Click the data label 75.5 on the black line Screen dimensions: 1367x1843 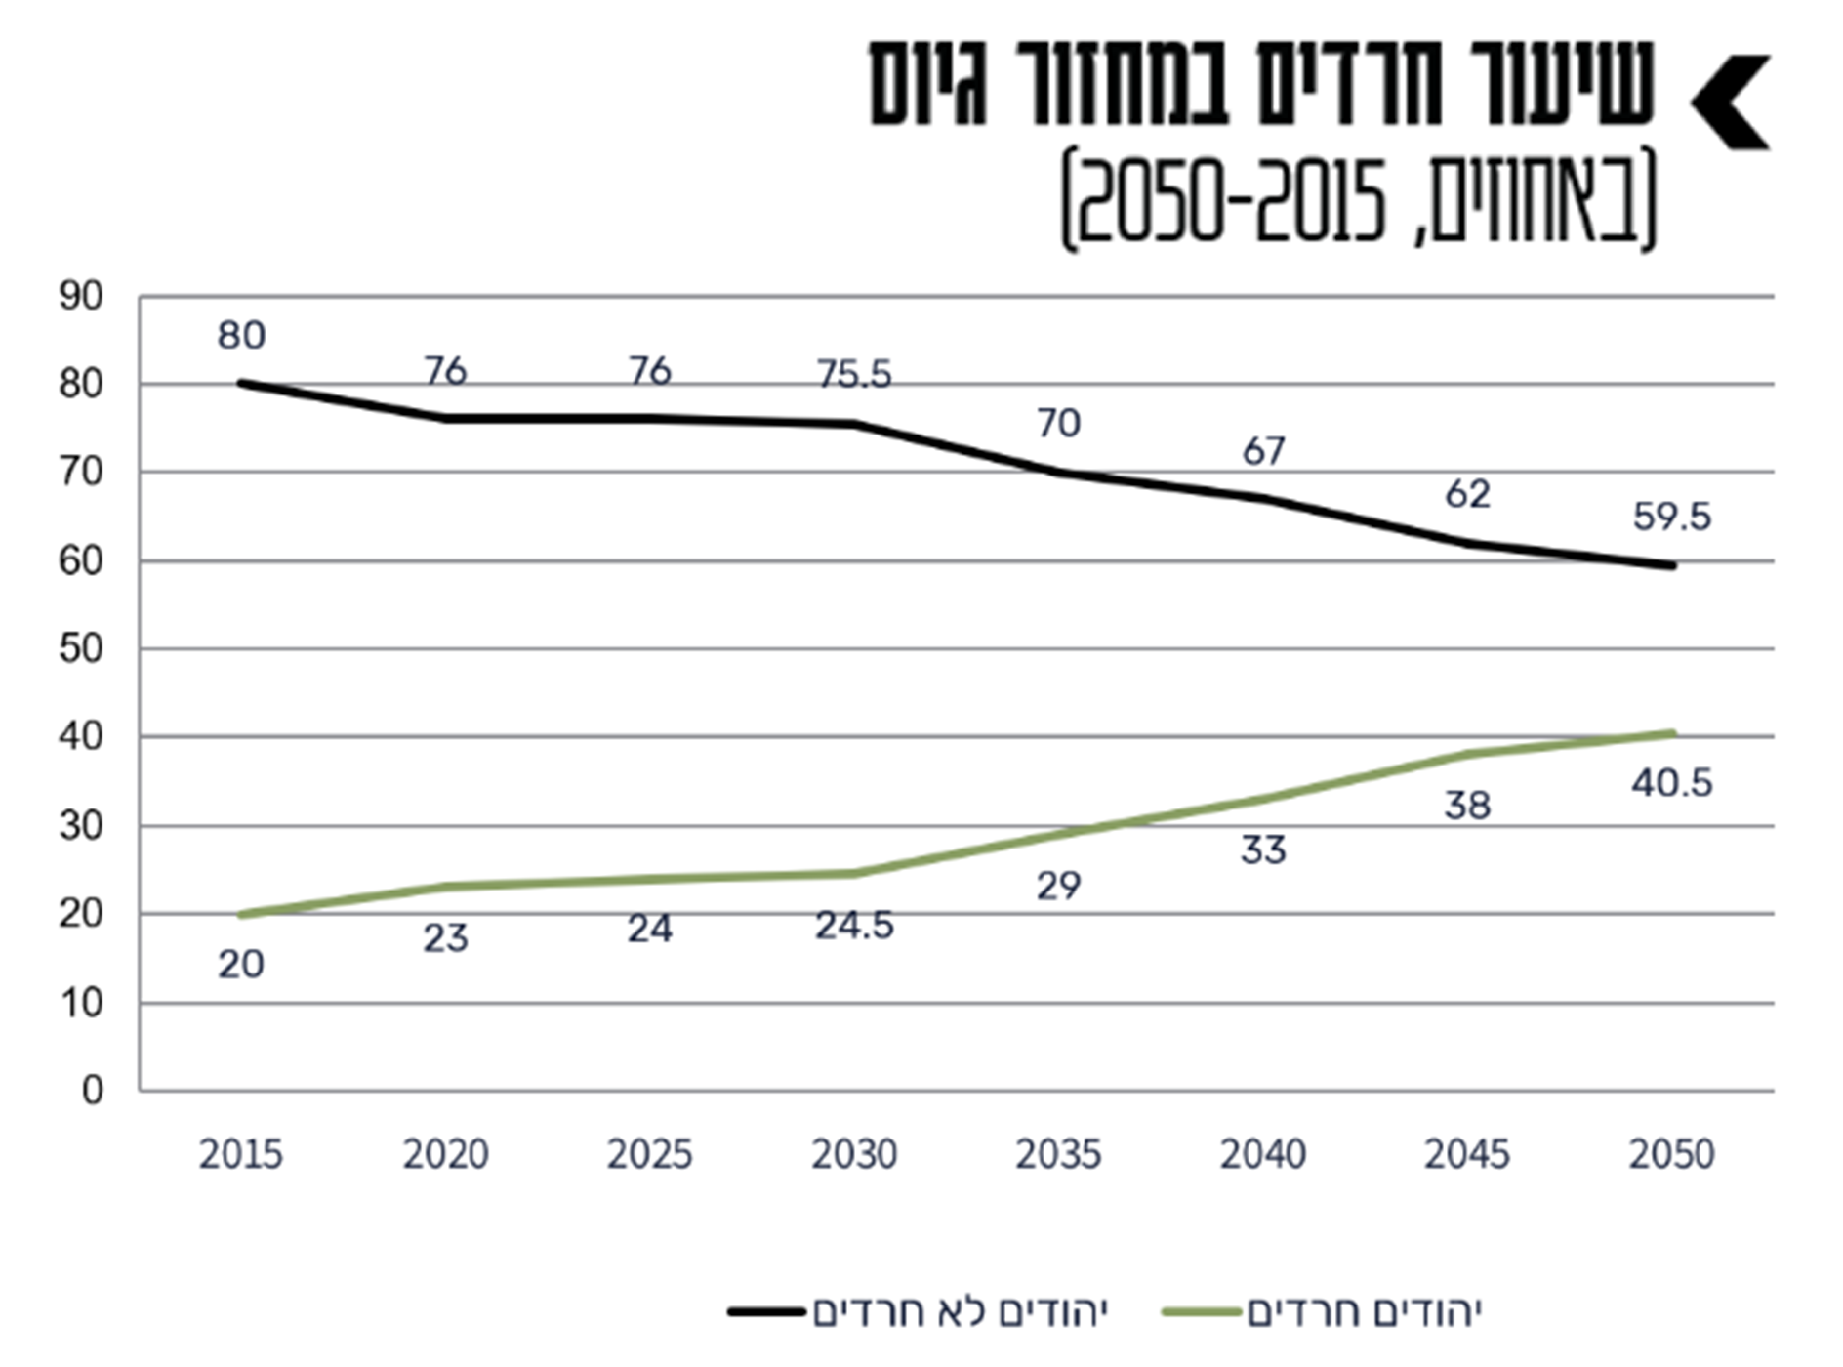tap(854, 375)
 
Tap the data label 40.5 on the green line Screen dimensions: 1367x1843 tap(1671, 783)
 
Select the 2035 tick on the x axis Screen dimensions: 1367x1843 tap(1058, 1155)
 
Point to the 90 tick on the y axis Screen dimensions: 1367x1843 tap(80, 297)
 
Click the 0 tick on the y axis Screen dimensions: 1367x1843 tap(92, 1091)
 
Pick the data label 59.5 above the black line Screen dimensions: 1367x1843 tap(1671, 517)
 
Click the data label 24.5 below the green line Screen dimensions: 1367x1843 tap(854, 926)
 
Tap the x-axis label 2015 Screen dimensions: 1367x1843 tap(241, 1155)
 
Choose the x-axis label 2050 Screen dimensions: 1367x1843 tap(1671, 1155)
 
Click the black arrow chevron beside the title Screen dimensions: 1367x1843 tap(1730, 102)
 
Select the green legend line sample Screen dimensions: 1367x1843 tap(1202, 1311)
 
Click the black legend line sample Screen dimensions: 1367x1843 tap(767, 1311)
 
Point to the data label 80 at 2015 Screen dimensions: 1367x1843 tap(241, 336)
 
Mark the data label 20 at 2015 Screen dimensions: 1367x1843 tap(241, 965)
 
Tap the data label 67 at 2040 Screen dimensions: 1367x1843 tap(1263, 451)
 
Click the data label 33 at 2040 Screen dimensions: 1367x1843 tap(1263, 850)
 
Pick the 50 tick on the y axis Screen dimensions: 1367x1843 tap(80, 649)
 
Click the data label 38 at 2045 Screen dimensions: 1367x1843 tap(1467, 806)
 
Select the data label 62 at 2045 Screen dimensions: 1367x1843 tap(1467, 495)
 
